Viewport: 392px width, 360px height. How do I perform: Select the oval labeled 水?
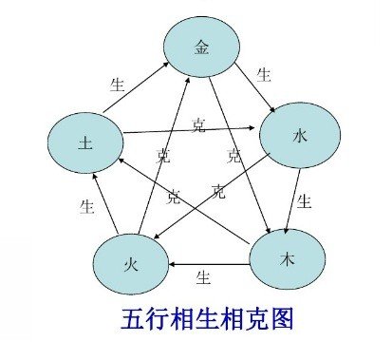[297, 139]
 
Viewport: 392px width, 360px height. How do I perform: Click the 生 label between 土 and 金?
[118, 84]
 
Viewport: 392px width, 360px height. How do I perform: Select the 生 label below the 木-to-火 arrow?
[202, 277]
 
